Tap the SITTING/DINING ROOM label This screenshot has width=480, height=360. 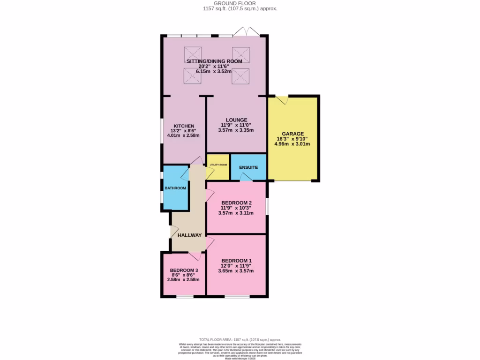[214, 61]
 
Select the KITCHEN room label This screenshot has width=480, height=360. [184, 126]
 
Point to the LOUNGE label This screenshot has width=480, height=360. [236, 120]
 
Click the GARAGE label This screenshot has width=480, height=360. [292, 134]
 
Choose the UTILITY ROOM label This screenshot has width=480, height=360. [218, 165]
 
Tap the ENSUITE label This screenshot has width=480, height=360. [248, 167]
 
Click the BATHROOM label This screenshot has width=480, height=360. [175, 188]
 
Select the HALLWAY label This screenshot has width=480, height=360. [189, 235]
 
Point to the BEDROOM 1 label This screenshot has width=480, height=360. [236, 261]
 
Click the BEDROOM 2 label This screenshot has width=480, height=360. [236, 203]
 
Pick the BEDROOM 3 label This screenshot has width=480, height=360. [184, 270]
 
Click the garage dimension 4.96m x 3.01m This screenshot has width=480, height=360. [292, 144]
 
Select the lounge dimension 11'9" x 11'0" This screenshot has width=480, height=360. [236, 125]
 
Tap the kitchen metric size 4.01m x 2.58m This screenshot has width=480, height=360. [183, 135]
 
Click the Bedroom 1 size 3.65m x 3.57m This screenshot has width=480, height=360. [236, 271]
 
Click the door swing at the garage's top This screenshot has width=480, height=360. [282, 100]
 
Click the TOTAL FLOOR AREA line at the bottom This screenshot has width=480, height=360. [240, 339]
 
